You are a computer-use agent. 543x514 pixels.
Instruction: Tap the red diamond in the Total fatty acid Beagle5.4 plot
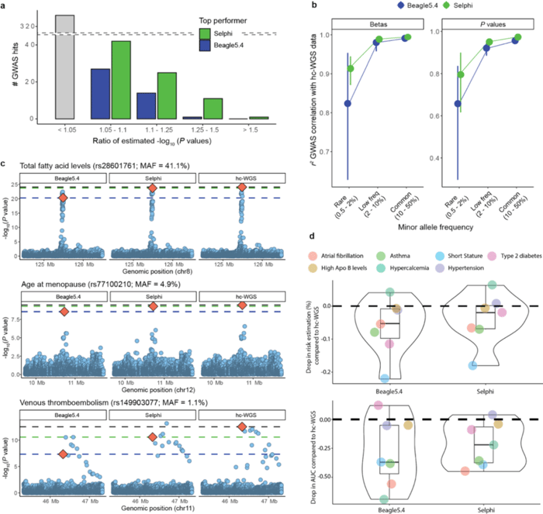tap(64, 198)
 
